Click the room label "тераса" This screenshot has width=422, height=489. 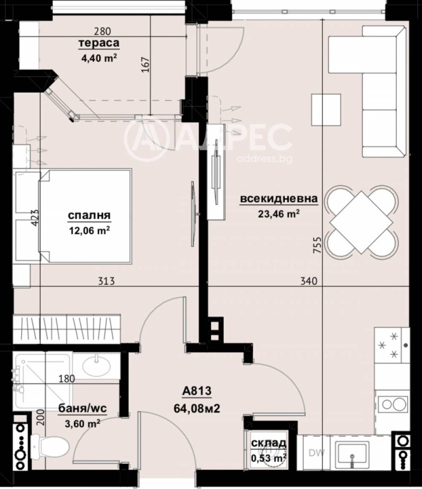pyautogui.click(x=98, y=43)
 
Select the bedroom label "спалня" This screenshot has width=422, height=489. pyautogui.click(x=89, y=215)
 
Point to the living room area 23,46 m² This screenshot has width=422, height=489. pyautogui.click(x=279, y=214)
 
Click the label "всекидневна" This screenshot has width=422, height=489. pyautogui.click(x=279, y=199)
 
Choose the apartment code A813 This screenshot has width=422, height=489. pyautogui.click(x=197, y=391)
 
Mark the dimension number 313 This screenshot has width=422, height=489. pyautogui.click(x=107, y=282)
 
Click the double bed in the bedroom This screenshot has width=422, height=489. pyautogui.click(x=84, y=215)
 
